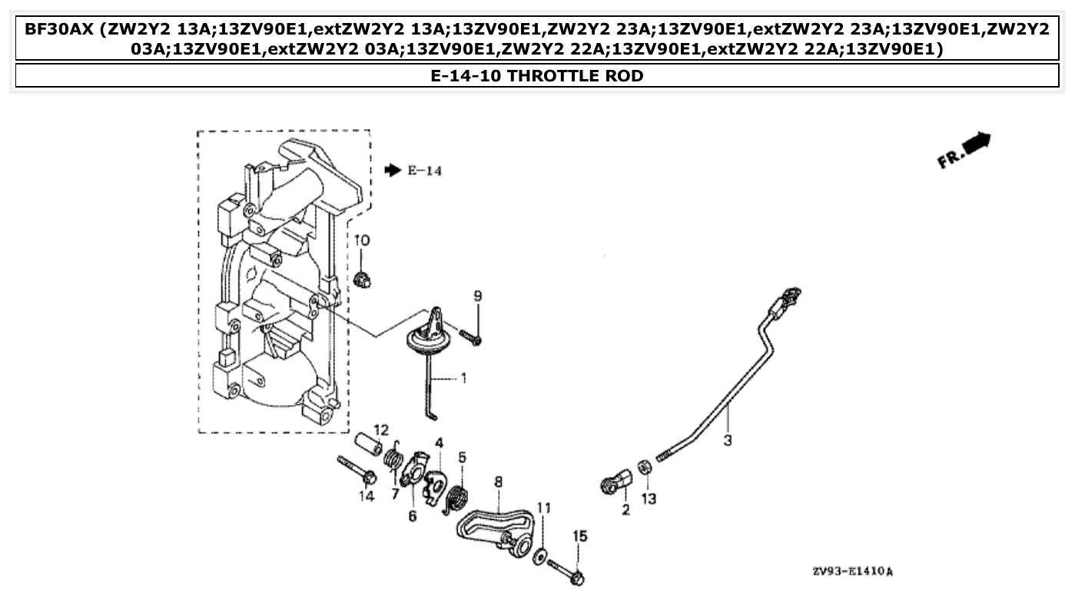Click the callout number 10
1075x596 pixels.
point(362,240)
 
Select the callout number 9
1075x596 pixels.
point(477,296)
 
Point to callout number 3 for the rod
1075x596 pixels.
point(728,442)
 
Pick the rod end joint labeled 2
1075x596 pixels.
point(615,484)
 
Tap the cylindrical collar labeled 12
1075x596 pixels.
point(367,445)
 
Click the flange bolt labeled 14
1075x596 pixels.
point(356,469)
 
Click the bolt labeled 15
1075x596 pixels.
point(569,569)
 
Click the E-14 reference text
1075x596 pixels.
point(424,171)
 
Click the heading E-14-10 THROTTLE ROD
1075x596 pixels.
point(537,75)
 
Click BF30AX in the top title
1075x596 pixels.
point(60,30)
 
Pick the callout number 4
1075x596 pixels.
point(439,442)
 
